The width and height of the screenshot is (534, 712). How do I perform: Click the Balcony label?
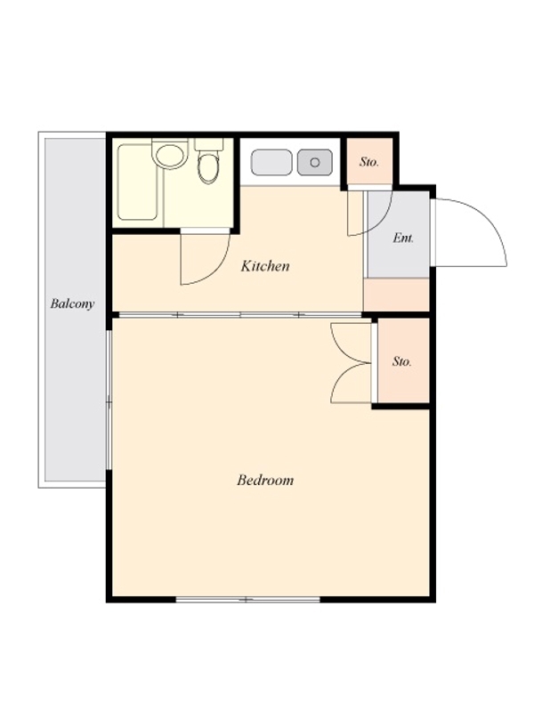(72, 303)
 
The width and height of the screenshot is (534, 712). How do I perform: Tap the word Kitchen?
(265, 265)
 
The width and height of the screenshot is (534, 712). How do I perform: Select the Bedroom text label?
(265, 480)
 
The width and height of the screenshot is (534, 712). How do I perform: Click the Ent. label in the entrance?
(403, 238)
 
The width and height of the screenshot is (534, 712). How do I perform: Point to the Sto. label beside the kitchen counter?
(369, 162)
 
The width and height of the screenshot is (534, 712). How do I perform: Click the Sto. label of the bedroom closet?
(402, 361)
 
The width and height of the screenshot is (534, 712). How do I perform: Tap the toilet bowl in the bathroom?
(208, 167)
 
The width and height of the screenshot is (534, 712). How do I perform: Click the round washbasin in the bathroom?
(170, 154)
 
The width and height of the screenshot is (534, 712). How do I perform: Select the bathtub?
(138, 182)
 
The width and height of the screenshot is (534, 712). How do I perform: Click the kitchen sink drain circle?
(315, 162)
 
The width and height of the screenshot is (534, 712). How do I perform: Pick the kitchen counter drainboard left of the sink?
(271, 162)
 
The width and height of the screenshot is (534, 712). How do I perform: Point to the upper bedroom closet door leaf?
(351, 343)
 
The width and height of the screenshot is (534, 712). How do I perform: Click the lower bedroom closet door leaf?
(351, 384)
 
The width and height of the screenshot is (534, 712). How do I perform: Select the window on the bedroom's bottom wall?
(247, 599)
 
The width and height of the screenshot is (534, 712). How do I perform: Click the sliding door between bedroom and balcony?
(109, 400)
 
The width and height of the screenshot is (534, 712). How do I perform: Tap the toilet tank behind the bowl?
(209, 145)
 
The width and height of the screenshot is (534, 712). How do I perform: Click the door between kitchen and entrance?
(368, 214)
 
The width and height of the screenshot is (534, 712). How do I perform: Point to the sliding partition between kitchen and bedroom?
(238, 315)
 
